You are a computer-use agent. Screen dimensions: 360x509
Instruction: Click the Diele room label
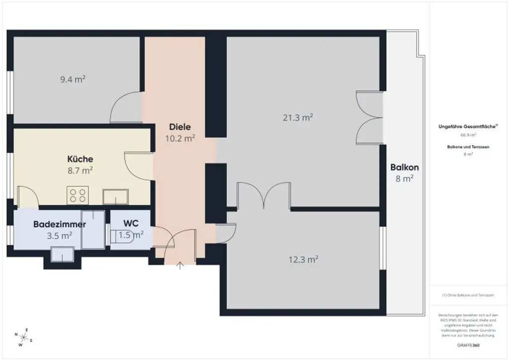pos(179,127)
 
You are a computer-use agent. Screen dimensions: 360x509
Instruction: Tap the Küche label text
pos(80,159)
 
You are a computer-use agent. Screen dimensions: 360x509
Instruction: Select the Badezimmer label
pos(59,224)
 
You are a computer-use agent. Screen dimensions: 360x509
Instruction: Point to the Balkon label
pos(404,168)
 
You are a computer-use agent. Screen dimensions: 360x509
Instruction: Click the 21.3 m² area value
pos(297,117)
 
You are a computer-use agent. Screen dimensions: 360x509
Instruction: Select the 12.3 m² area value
pos(303,259)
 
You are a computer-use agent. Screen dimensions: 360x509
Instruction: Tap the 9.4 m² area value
pos(73,79)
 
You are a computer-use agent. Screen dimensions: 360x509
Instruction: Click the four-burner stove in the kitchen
pos(77,195)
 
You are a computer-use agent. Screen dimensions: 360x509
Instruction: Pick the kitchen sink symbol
pos(116,197)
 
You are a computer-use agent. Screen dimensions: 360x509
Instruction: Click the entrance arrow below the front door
pos(180,265)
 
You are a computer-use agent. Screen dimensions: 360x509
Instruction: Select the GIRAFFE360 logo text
pos(468,345)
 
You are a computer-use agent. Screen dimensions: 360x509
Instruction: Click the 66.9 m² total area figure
pos(468,135)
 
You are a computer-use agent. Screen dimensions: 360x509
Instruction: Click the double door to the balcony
pos(370,118)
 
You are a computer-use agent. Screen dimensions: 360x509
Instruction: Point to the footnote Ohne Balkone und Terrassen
pos(468,295)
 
